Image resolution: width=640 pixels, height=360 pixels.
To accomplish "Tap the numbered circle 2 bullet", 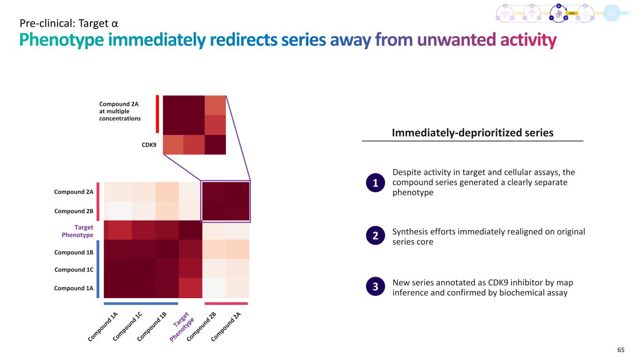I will click(x=375, y=237).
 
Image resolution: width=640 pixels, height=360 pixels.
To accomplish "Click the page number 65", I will click(x=621, y=349).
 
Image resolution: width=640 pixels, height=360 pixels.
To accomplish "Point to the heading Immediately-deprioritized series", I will click(x=472, y=133).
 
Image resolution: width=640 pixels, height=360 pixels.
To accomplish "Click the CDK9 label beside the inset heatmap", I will click(x=149, y=145).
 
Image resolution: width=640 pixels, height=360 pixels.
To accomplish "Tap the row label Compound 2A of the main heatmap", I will click(x=74, y=192).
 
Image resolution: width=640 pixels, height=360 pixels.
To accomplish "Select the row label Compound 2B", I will click(x=74, y=211).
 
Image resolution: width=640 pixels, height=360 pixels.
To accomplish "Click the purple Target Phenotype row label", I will click(x=78, y=231).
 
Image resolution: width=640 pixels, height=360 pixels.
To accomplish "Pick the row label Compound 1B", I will click(x=74, y=252).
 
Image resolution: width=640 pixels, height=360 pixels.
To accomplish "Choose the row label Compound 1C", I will click(x=74, y=270).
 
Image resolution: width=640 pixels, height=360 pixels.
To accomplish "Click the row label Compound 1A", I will click(x=74, y=288).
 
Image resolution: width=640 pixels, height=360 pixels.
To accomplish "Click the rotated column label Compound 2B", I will click(x=201, y=326).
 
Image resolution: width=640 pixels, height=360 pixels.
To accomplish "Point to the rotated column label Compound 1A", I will click(x=103, y=326).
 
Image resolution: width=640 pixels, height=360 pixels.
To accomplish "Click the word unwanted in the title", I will click(x=456, y=41).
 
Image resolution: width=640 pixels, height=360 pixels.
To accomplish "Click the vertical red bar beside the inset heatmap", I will click(x=158, y=114).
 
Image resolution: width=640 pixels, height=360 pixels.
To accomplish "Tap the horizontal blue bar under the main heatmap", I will click(x=141, y=304).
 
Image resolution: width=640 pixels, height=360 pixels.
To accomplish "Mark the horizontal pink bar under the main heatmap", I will click(x=226, y=304).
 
